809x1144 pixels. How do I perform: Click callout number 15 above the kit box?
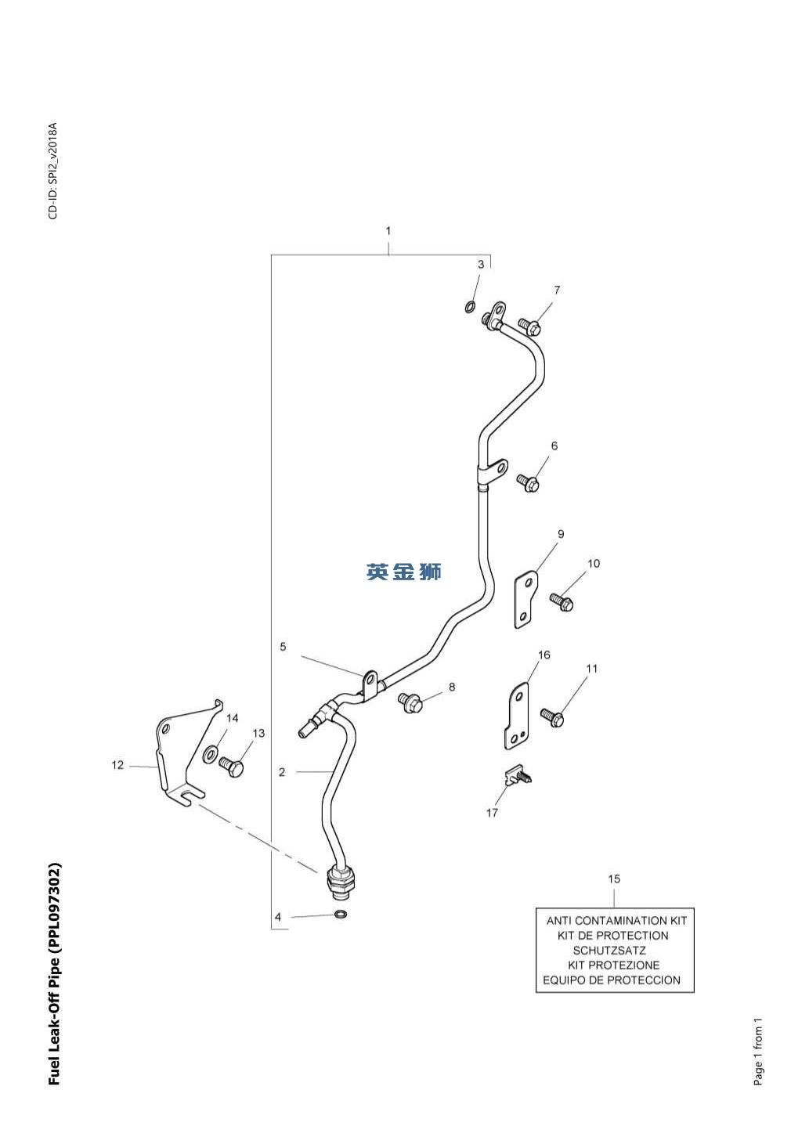pos(614,879)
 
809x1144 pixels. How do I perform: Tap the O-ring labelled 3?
pos(470,306)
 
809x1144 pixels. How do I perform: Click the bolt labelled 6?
pos(528,483)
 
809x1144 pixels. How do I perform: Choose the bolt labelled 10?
pos(562,602)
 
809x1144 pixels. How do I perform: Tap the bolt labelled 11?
pos(553,716)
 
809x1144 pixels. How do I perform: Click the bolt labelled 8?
pos(410,702)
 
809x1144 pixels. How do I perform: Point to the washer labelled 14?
pos(211,755)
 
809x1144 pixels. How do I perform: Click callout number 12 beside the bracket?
pos(117,765)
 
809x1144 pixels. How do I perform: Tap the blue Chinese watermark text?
pos(404,572)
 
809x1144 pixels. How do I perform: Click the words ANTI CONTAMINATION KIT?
pos(616,921)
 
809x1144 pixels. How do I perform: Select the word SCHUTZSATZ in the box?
pos(609,951)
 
